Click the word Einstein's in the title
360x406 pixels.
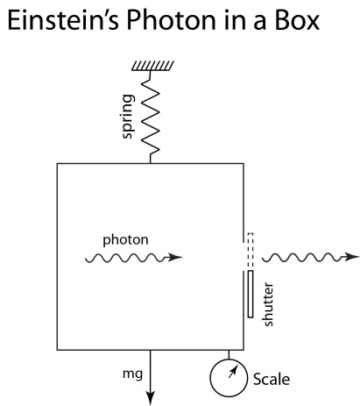coord(63,20)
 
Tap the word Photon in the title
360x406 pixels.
coord(171,20)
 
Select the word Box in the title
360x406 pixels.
coord(297,20)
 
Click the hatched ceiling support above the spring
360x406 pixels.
coord(152,66)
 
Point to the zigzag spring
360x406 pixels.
coord(151,117)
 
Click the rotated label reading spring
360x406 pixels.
coord(128,116)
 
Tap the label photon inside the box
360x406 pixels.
coord(125,240)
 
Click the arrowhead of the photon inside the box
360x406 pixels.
coord(175,257)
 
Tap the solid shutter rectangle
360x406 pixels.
coord(251,294)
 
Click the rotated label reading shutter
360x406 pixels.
coord(268,304)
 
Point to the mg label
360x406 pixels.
coord(132,374)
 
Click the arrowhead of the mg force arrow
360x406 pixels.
coord(150,399)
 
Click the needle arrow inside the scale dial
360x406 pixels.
coord(232,373)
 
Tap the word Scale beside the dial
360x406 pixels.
coord(272,379)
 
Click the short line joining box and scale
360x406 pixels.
coord(229,354)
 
